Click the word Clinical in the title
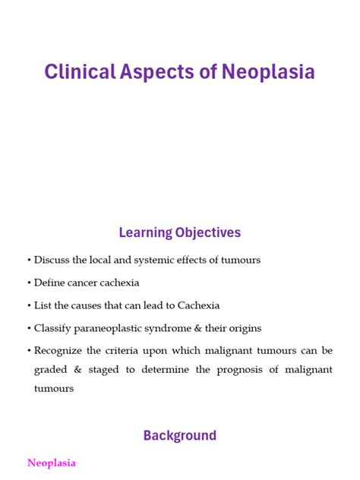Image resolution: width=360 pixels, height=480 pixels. point(80,72)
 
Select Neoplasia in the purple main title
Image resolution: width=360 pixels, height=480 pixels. point(267,72)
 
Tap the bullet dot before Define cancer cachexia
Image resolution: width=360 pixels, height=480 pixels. point(29,283)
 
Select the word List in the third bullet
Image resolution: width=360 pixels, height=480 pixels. point(43,305)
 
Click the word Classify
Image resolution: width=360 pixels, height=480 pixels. point(54,328)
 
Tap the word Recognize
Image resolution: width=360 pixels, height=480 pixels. point(61,351)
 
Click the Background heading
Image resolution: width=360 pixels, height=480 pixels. point(180,436)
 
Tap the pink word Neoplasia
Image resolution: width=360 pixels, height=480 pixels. point(51,463)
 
